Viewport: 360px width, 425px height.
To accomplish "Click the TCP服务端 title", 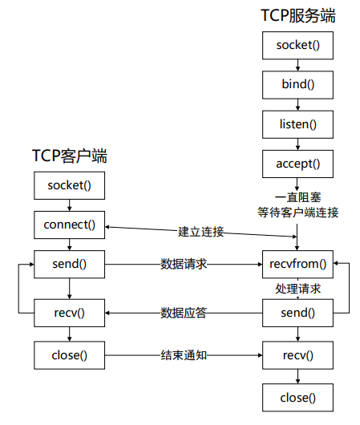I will pyautogui.click(x=297, y=15).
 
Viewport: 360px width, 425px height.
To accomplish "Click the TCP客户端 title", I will pyautogui.click(x=70, y=156).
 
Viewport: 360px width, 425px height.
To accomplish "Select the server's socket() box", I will pyautogui.click(x=298, y=46).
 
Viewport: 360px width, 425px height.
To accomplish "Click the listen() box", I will pyautogui.click(x=298, y=124).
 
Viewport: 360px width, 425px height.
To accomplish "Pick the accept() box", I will pyautogui.click(x=298, y=164).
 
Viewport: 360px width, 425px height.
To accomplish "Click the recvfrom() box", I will pyautogui.click(x=298, y=263).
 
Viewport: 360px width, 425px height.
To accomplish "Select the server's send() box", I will pyautogui.click(x=298, y=311).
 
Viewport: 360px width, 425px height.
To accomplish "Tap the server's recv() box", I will pyautogui.click(x=298, y=354).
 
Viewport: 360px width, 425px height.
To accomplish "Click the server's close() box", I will pyautogui.click(x=298, y=397).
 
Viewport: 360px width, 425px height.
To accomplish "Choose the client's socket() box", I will pyautogui.click(x=70, y=186).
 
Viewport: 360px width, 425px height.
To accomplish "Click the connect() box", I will pyautogui.click(x=70, y=225).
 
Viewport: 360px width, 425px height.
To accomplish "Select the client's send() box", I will pyautogui.click(x=70, y=263).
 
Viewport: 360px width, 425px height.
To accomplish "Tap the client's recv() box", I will pyautogui.click(x=70, y=311).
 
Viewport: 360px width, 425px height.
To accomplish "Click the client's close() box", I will pyautogui.click(x=70, y=354).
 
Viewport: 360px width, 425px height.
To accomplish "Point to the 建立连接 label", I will pyautogui.click(x=201, y=232).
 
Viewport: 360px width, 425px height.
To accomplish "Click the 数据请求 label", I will pyautogui.click(x=184, y=263).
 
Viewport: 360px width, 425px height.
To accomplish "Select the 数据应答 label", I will pyautogui.click(x=184, y=313).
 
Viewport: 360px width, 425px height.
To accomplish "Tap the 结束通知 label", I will pyautogui.click(x=184, y=354).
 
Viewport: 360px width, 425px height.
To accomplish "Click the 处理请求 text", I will pyautogui.click(x=298, y=289).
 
